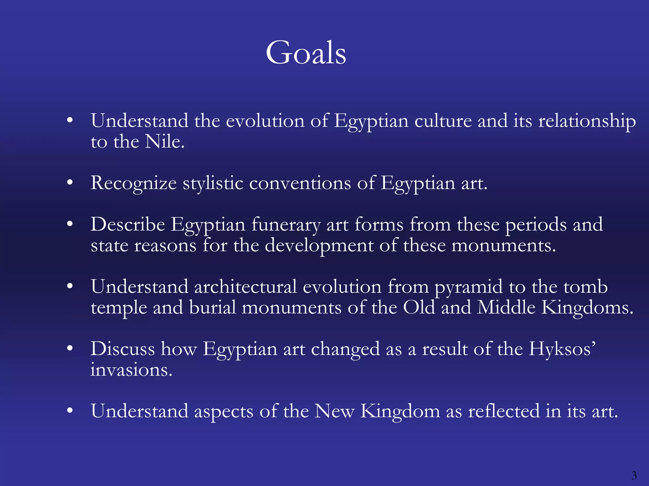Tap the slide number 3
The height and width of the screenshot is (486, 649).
click(x=634, y=475)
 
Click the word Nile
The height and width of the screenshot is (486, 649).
click(x=164, y=141)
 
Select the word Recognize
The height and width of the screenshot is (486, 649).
click(x=133, y=183)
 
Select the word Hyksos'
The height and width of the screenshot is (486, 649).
click(x=562, y=349)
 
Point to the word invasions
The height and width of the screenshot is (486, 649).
click(x=131, y=370)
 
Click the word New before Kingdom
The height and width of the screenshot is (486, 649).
click(x=334, y=411)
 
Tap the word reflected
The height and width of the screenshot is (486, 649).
click(x=504, y=411)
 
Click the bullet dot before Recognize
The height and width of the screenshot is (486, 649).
click(x=70, y=183)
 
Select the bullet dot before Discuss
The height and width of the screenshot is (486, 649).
click(x=70, y=348)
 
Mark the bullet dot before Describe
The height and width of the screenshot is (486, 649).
click(x=70, y=224)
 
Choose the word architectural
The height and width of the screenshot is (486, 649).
click(x=245, y=287)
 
